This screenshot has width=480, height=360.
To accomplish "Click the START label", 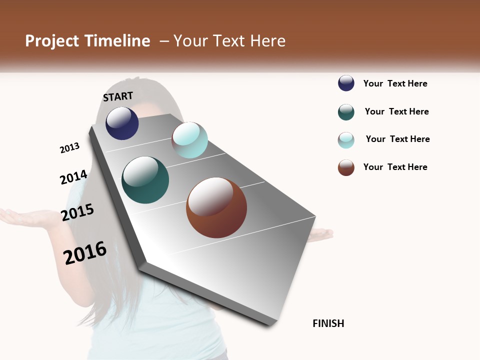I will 118,96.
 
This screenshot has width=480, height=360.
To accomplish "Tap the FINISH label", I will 328,323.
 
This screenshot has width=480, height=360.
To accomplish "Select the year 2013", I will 69,148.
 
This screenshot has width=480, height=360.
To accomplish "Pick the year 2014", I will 73,177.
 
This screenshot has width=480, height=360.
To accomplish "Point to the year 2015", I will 77,212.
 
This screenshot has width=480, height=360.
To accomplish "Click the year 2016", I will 85,252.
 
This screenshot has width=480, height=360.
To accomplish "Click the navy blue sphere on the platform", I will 122,123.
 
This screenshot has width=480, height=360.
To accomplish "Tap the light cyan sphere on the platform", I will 189,140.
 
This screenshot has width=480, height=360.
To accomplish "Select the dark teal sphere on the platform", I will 145,180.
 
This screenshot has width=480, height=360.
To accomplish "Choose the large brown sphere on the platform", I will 216,207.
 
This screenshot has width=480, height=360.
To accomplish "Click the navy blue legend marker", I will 346,83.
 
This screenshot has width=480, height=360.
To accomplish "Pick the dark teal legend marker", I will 346,112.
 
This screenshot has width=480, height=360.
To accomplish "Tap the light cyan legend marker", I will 346,140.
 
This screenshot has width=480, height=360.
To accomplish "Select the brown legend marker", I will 346,167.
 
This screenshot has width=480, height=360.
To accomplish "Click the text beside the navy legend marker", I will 395,83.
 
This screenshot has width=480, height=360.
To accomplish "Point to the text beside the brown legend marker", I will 395,167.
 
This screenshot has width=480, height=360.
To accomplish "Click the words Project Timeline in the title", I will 87,41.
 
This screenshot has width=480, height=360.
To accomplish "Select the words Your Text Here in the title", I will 229,41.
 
